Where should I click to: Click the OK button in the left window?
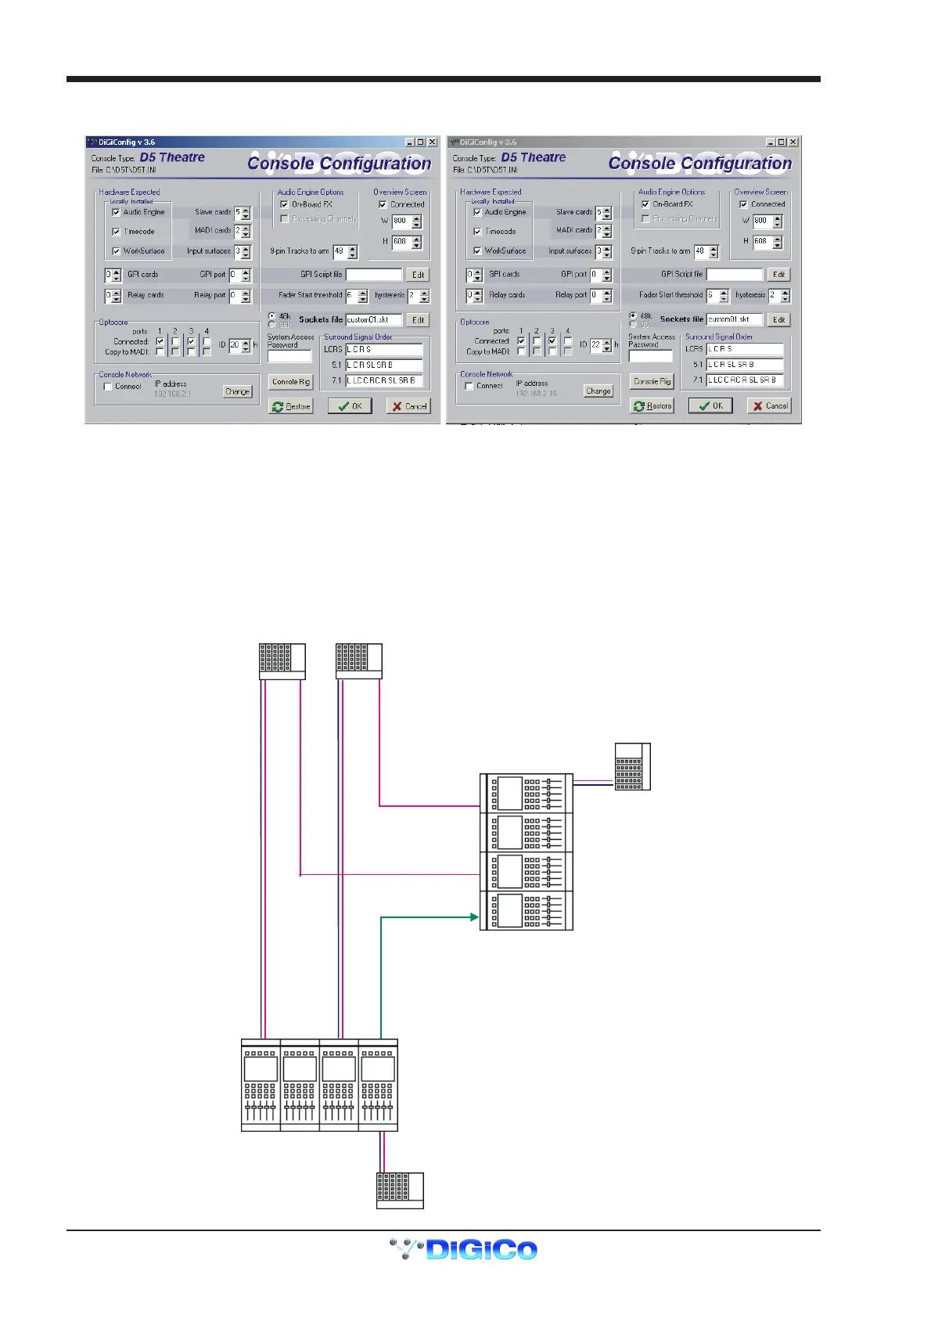pos(350,406)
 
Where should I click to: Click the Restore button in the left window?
pos(291,406)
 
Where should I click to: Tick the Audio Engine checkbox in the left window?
pos(117,212)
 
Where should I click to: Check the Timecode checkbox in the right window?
pos(477,232)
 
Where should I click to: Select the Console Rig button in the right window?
pos(652,381)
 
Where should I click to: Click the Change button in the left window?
pos(237,391)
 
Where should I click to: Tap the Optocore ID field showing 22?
pos(596,344)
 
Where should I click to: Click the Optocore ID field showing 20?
pos(235,344)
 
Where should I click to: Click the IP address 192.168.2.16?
pos(536,393)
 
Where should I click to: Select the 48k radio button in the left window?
pos(271,316)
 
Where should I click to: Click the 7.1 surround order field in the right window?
pos(744,380)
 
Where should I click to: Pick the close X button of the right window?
pos(793,142)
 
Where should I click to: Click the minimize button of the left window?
pos(409,142)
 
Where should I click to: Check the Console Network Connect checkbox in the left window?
pos(108,387)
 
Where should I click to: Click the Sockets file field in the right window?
pos(734,319)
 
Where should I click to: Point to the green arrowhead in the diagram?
pos(474,916)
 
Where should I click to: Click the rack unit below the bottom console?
pos(400,1190)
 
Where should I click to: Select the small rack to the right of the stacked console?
pos(632,766)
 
